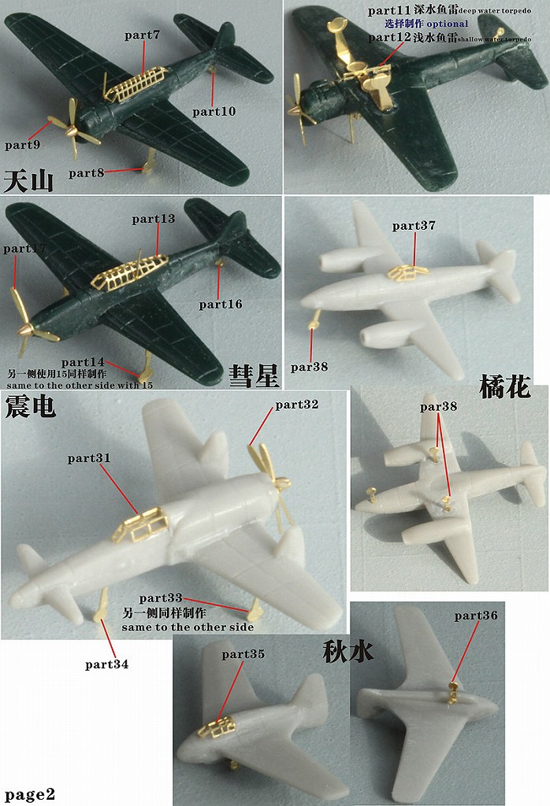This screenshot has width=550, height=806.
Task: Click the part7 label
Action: [143, 35]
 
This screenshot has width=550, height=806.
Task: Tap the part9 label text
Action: [22, 145]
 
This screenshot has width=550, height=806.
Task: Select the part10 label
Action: [214, 112]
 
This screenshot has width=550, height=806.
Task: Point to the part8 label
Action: [86, 172]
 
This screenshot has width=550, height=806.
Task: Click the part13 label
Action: [154, 219]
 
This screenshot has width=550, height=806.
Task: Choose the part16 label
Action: [221, 304]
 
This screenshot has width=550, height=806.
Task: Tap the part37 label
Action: [414, 226]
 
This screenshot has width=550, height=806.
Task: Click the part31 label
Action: [89, 457]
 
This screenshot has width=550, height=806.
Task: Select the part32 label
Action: [296, 405]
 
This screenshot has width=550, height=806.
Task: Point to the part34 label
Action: [106, 664]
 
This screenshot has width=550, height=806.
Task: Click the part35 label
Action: [243, 653]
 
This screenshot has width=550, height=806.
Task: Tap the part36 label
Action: [476, 616]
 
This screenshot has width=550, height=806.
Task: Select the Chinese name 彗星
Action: [254, 375]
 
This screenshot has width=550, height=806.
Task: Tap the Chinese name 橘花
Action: [504, 386]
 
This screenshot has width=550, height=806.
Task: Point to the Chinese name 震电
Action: [29, 406]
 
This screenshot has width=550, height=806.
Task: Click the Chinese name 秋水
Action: [347, 652]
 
